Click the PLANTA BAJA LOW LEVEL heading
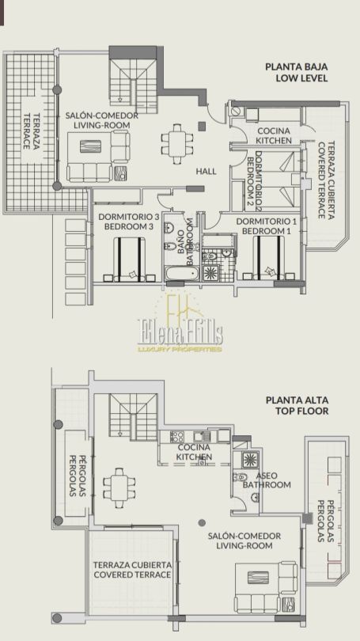click(x=296, y=72)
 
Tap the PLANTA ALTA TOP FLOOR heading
click(x=297, y=405)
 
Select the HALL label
click(x=206, y=171)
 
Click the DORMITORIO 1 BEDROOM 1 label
click(x=267, y=226)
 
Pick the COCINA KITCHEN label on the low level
click(x=274, y=136)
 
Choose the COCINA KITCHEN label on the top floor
click(x=194, y=452)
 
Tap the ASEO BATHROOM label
click(x=267, y=480)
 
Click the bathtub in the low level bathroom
click(x=182, y=273)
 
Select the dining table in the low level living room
click(x=178, y=144)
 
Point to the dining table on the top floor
click(x=119, y=487)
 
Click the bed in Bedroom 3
click(x=129, y=259)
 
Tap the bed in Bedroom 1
click(x=268, y=258)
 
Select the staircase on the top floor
click(x=133, y=417)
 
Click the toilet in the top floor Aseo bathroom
click(x=241, y=476)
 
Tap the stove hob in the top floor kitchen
click(x=177, y=436)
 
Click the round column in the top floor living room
click(x=202, y=522)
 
